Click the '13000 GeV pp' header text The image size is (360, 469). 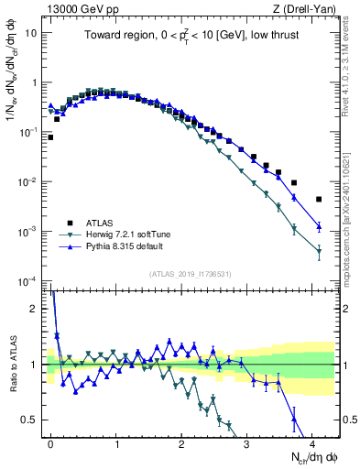coord(82,8)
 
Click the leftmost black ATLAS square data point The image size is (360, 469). coord(50,137)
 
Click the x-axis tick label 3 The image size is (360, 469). coord(247,443)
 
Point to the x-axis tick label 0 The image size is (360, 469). coord(50,443)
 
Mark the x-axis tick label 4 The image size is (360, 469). coord(312,443)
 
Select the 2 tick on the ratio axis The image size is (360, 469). coord(37,309)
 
